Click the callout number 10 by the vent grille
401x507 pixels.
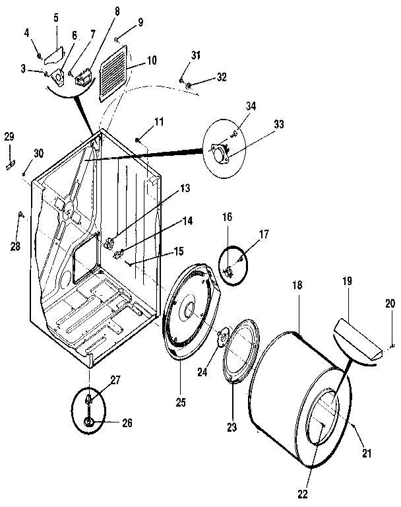tap(152, 60)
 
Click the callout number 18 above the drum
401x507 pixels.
tap(297, 285)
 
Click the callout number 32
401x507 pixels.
tap(221, 77)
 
